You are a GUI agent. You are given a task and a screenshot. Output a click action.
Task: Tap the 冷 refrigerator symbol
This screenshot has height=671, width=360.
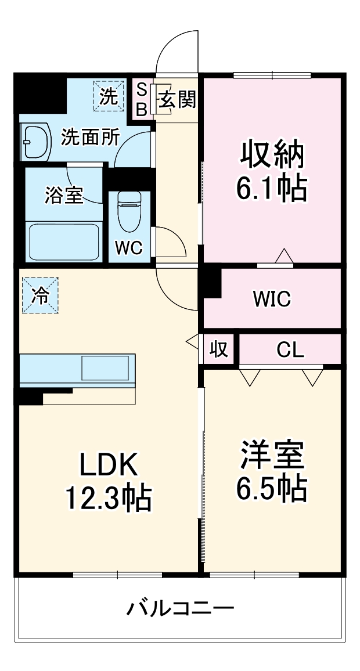[40, 295]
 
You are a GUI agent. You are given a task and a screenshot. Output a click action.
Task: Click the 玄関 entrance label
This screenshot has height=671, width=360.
[177, 100]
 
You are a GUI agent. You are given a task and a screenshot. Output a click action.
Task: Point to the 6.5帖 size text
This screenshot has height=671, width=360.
[271, 489]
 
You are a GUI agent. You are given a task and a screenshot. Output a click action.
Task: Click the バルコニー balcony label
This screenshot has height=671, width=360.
[181, 609]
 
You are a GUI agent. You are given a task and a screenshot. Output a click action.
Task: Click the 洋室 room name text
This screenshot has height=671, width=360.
[271, 455]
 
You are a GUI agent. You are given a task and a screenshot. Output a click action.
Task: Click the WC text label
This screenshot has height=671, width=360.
[128, 248]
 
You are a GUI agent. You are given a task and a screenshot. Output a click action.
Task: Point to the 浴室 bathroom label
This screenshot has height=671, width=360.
[63, 196]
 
